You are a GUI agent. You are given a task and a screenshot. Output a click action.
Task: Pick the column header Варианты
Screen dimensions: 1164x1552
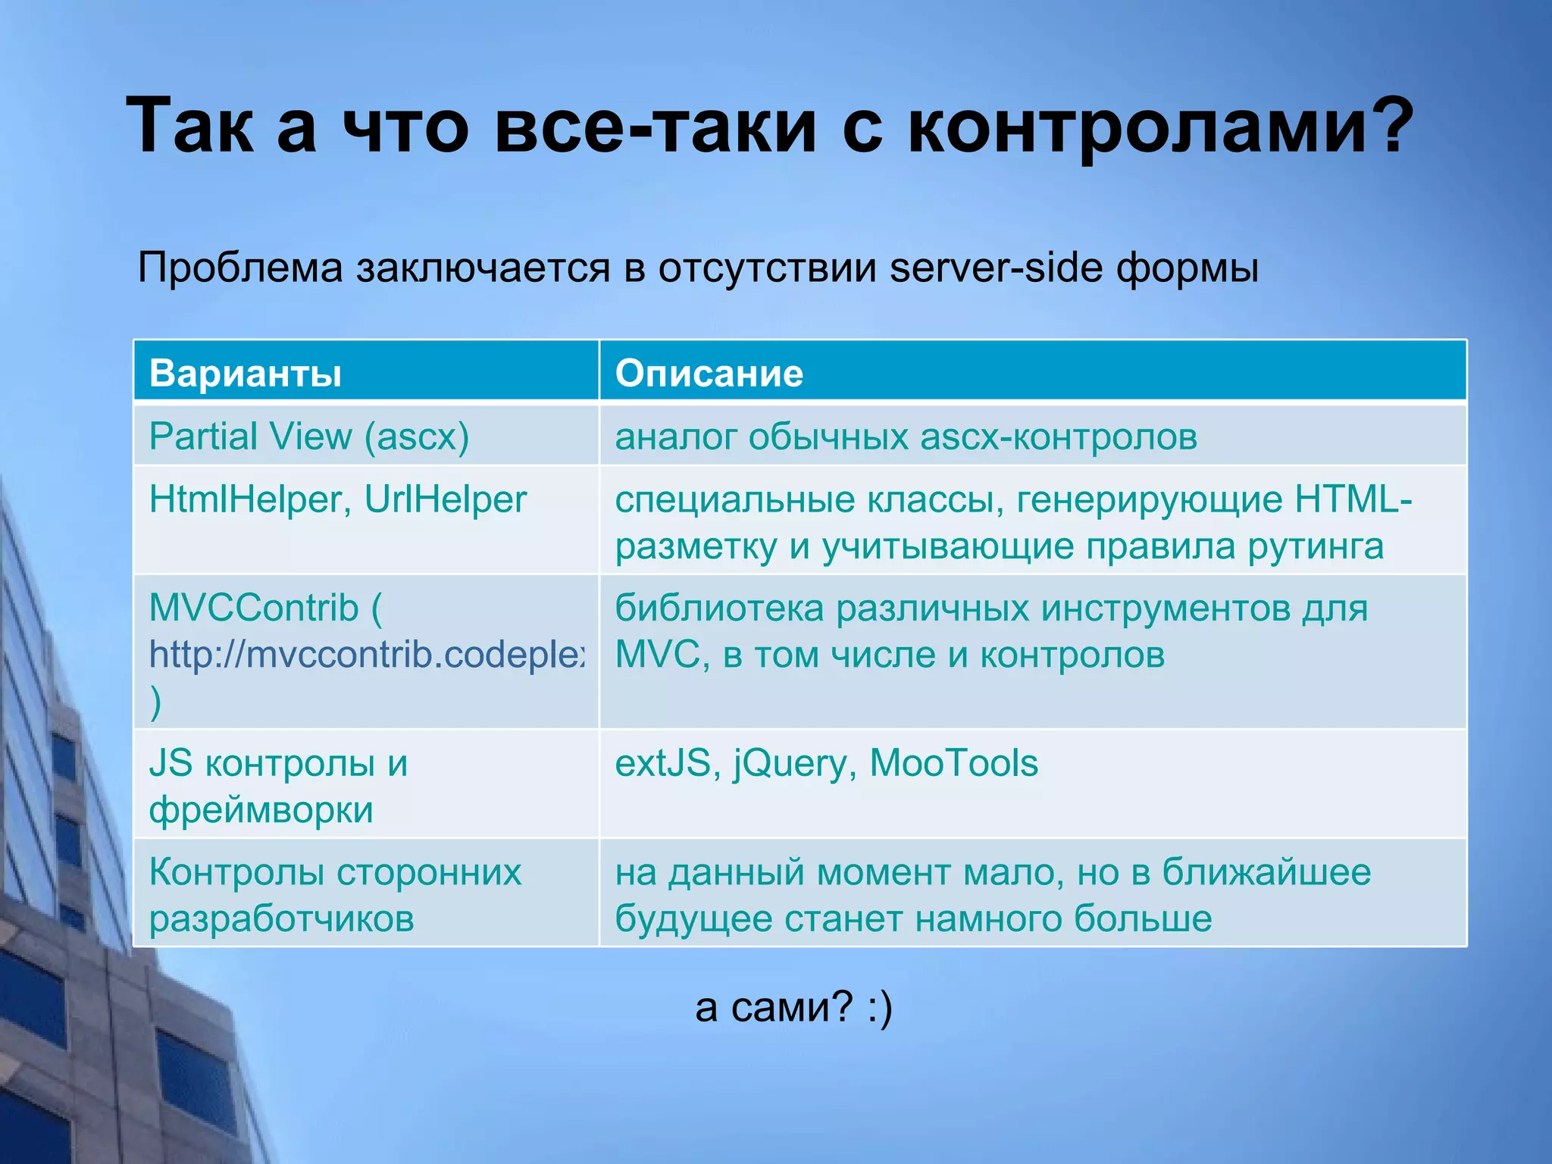pyautogui.click(x=246, y=373)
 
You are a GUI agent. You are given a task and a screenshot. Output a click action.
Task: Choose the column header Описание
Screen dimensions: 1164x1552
pyautogui.click(x=709, y=373)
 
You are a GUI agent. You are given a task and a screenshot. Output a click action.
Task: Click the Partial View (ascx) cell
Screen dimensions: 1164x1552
pyautogui.click(x=309, y=436)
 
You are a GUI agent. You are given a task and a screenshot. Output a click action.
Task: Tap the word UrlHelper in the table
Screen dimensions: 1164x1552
pyautogui.click(x=445, y=499)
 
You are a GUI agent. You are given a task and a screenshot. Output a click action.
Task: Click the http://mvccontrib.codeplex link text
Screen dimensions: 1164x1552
pyautogui.click(x=367, y=655)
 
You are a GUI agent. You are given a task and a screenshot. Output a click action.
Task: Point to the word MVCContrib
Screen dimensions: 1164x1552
pyautogui.click(x=254, y=608)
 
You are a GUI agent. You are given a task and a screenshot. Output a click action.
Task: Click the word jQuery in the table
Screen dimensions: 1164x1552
pyautogui.click(x=790, y=764)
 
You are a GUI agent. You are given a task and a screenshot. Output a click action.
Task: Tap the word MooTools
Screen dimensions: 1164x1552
pyautogui.click(x=953, y=763)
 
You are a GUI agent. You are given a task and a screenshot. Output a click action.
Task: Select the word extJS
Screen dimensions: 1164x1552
pyautogui.click(x=662, y=764)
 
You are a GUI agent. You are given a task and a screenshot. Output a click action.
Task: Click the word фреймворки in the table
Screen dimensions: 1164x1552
pyautogui.click(x=261, y=810)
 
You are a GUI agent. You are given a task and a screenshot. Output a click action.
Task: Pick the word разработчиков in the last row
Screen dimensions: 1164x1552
pyautogui.click(x=281, y=919)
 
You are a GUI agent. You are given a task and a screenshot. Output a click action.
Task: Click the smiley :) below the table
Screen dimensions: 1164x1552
pyautogui.click(x=880, y=1009)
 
